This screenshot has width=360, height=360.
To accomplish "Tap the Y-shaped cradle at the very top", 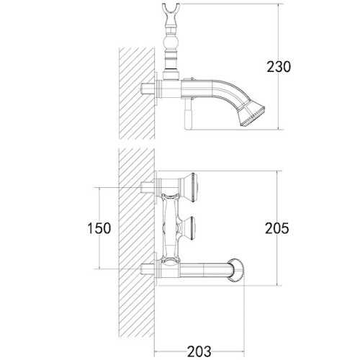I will (x=172, y=12).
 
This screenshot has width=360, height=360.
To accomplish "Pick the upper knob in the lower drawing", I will (x=195, y=186).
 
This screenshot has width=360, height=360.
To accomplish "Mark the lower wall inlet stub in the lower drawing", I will (x=150, y=272).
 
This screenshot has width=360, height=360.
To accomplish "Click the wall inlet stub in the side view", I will (x=150, y=89).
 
